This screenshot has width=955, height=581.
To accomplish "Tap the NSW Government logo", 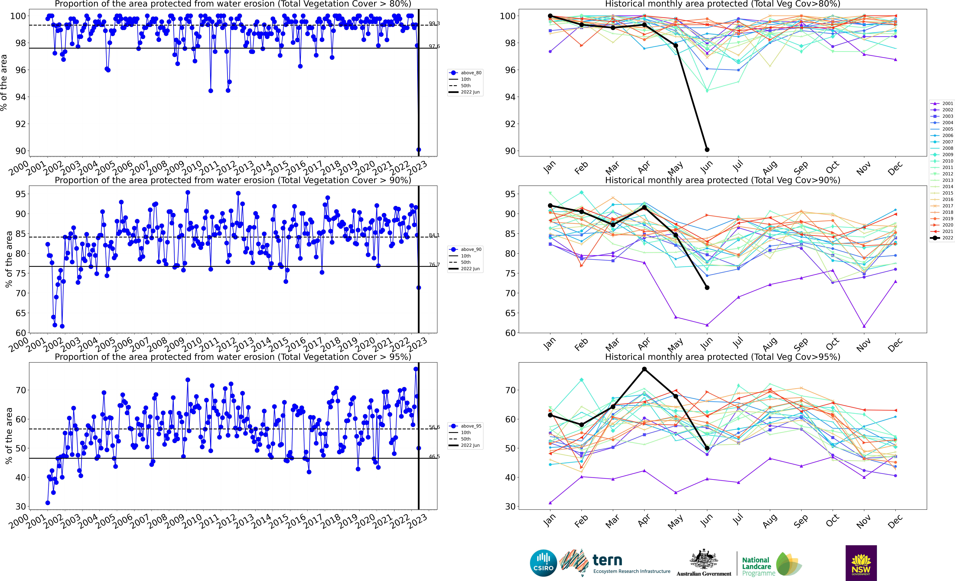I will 861,563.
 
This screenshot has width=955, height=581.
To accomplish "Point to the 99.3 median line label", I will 434,24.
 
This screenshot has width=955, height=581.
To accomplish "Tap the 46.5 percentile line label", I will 434,457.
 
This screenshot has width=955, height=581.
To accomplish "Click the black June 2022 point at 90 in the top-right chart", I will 707,150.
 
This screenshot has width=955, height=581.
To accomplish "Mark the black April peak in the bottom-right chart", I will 644,369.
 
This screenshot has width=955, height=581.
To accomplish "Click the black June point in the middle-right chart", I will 707,287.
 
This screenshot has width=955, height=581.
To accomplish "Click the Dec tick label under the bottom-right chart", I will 895,522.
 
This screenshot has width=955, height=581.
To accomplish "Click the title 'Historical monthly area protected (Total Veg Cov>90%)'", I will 722,180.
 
